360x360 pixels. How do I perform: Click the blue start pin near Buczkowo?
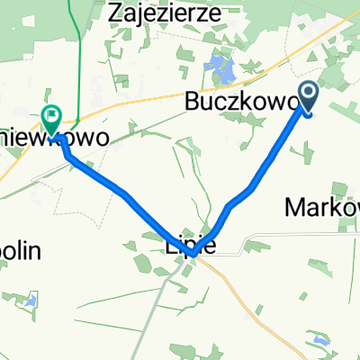(x=308, y=94)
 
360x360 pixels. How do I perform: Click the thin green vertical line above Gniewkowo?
(x=79, y=54)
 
